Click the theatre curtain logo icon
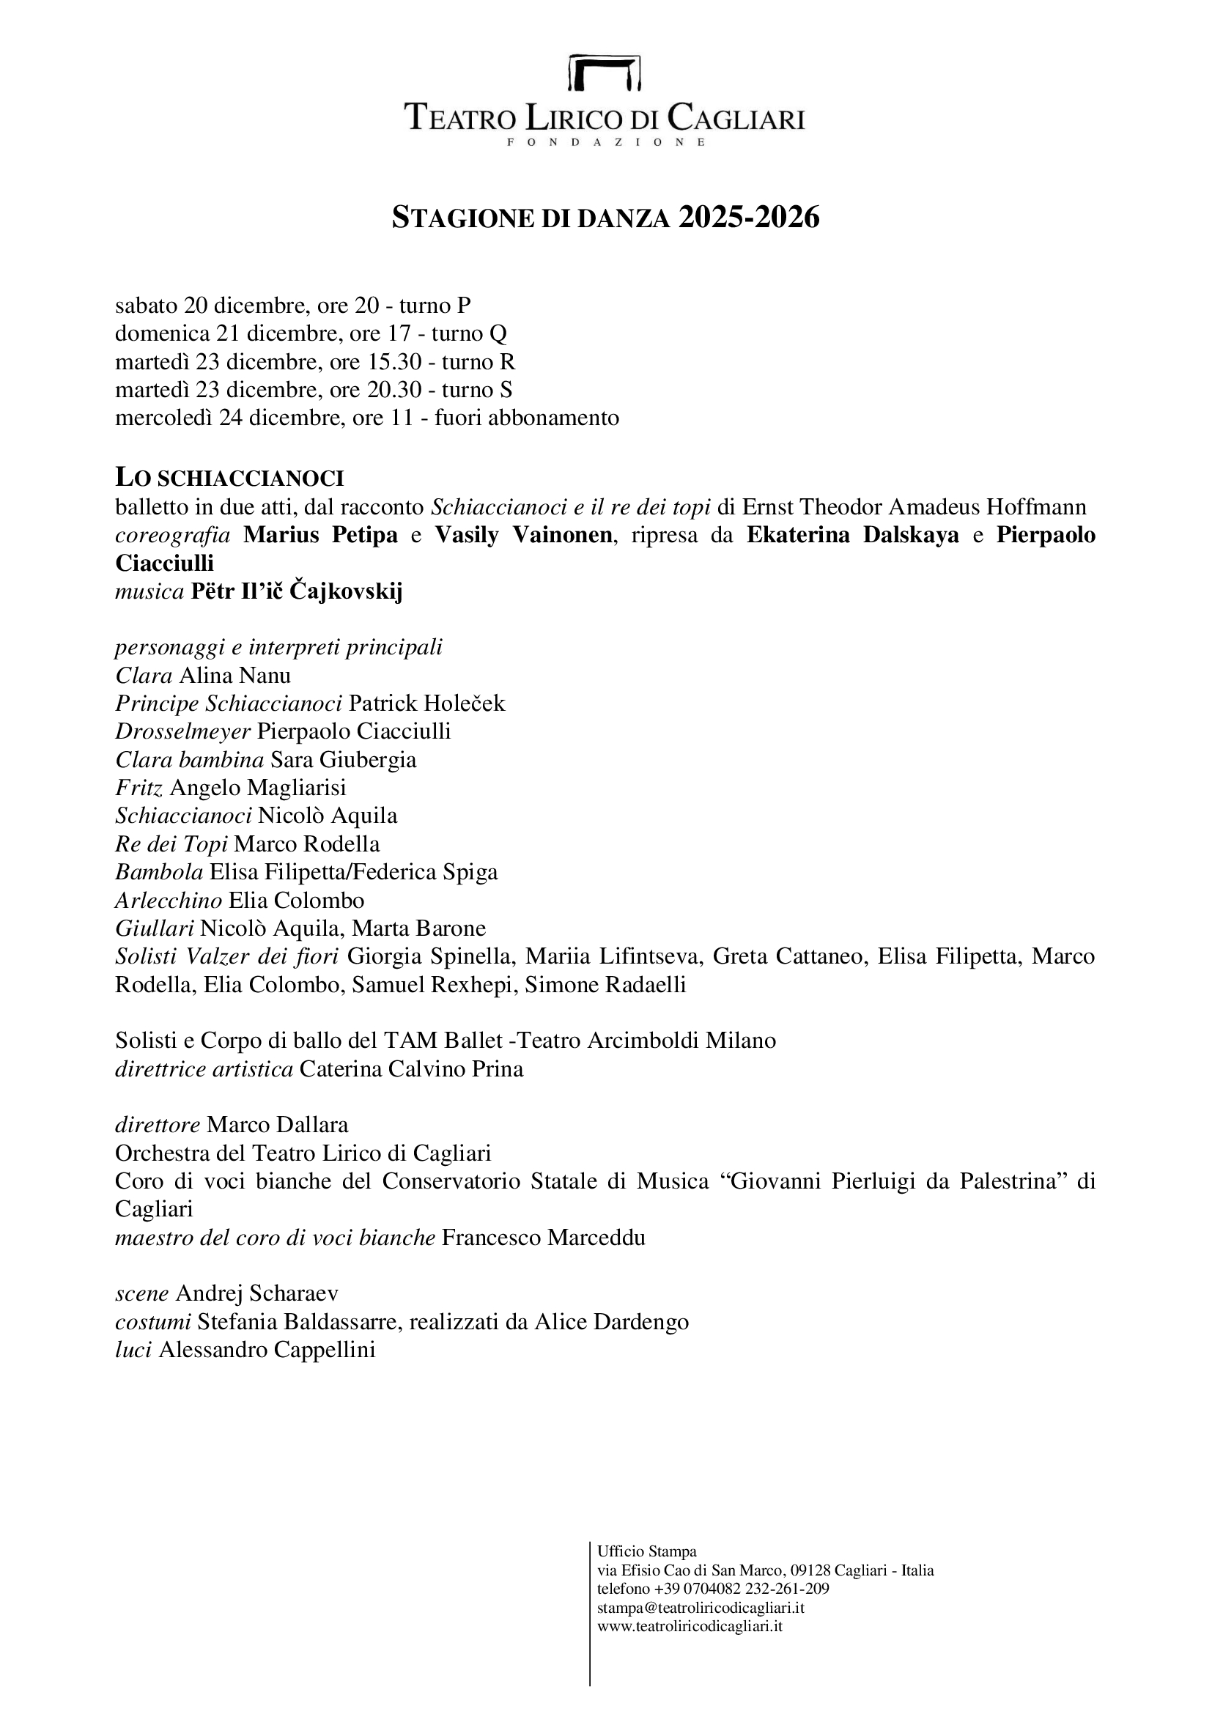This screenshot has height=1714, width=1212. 605,73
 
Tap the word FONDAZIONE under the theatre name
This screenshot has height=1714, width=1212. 605,142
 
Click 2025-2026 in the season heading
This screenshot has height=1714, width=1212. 749,217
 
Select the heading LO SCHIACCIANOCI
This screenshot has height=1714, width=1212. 229,479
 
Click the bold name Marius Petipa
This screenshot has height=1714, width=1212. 320,535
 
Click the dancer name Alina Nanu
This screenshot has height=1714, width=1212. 235,676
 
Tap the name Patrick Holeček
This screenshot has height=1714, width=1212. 427,703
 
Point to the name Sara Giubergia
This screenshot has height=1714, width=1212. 343,760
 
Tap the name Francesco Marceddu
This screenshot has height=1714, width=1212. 543,1238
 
